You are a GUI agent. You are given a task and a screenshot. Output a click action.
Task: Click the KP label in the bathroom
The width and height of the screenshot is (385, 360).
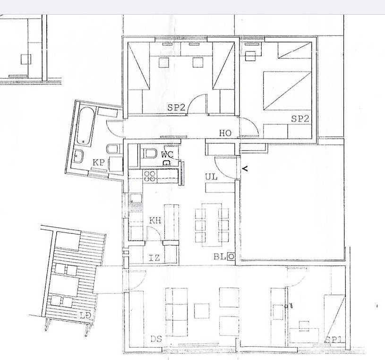98,163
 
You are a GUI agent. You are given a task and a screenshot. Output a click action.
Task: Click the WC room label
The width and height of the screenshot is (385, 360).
166,154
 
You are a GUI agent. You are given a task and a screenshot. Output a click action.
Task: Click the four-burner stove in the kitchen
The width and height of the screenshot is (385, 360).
150,176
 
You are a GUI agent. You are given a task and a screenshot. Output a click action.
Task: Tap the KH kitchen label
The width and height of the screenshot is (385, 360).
155,220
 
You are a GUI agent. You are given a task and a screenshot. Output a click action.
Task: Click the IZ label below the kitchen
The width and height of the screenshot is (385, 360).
154,257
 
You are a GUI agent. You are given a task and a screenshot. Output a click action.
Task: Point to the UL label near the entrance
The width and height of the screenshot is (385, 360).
211,176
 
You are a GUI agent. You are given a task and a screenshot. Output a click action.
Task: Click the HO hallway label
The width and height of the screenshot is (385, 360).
225,133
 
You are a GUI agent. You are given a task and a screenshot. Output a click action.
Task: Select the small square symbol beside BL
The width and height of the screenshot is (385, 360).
231,257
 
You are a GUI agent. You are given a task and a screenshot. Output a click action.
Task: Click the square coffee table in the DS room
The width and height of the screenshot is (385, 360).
202,310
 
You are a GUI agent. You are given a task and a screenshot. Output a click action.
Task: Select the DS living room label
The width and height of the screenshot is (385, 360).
156,339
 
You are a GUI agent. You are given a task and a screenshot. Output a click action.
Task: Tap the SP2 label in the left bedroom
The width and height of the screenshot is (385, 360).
176,107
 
